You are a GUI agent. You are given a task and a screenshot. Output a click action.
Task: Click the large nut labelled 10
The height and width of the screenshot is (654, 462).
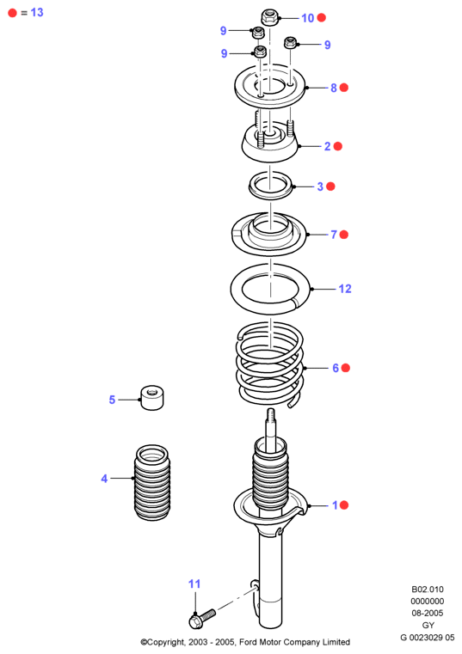tap(270, 17)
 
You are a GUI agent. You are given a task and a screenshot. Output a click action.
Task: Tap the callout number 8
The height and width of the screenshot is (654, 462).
tap(334, 88)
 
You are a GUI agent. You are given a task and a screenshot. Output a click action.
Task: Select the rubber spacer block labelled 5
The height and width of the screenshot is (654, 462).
tap(152, 398)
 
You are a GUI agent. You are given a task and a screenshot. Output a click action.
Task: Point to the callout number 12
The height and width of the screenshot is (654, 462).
tap(345, 289)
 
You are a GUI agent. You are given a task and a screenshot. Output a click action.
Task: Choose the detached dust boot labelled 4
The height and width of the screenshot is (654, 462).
tap(152, 483)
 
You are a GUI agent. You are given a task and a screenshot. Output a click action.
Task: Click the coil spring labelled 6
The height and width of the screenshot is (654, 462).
tap(270, 364)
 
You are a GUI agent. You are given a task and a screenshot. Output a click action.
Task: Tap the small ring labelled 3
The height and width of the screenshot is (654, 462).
tap(270, 185)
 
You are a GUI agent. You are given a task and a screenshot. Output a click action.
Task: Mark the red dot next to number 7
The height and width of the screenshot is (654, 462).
tap(344, 235)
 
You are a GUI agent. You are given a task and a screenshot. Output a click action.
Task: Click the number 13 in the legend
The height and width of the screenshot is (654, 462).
tap(37, 13)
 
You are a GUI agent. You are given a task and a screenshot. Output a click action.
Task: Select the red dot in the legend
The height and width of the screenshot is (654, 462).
tap(13, 13)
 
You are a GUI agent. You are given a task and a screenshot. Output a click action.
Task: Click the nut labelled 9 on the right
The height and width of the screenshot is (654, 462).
tap(290, 43)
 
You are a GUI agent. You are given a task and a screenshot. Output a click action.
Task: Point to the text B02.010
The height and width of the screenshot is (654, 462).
tap(428, 590)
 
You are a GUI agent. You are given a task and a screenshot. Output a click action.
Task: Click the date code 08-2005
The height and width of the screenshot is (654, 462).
tap(428, 613)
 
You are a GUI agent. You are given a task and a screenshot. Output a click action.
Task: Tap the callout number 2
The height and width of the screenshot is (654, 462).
tap(328, 146)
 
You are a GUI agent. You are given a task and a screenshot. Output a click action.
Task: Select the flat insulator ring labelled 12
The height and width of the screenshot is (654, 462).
tap(270, 289)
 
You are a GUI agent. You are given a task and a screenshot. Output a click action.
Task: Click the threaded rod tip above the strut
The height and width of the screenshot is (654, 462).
tap(271, 416)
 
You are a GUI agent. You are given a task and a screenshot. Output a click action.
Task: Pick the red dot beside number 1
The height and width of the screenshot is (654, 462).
tap(344, 505)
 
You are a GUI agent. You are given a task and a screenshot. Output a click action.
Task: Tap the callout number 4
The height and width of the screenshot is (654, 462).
tap(104, 479)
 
